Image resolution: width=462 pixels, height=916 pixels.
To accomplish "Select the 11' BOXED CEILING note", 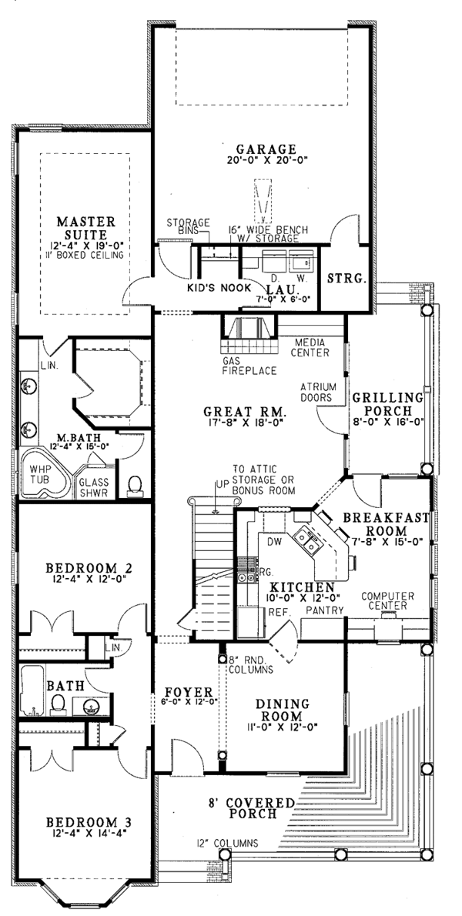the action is point(86,256).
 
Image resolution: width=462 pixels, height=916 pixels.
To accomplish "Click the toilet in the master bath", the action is point(135,486).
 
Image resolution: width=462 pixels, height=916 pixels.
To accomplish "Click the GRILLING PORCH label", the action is point(387,403).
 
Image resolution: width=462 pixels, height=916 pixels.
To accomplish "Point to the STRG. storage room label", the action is point(347,278).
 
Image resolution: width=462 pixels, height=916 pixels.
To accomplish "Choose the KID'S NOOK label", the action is point(219,287).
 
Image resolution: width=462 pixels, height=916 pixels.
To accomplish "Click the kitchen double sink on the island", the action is point(307,539).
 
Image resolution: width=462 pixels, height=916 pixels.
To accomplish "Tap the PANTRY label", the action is point(326,610).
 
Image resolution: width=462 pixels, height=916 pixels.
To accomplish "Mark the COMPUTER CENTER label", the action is point(388,600).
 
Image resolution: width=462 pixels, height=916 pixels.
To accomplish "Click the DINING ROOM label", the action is point(282,710).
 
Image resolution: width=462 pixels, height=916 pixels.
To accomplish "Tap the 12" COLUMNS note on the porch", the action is point(227,843).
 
